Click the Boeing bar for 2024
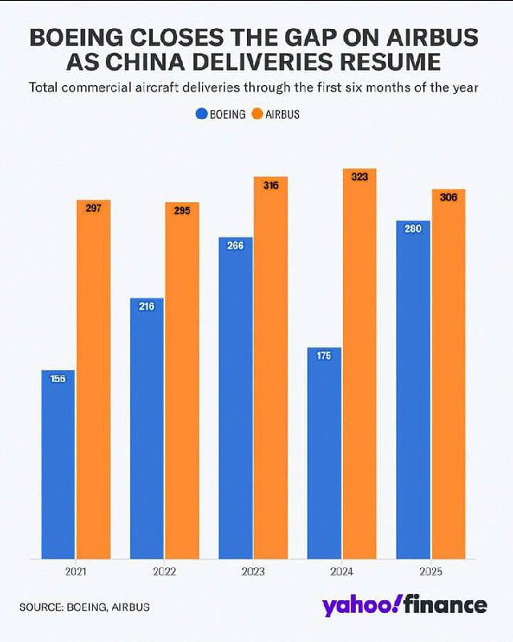(x=324, y=453)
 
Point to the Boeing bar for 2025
(x=413, y=389)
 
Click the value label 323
(x=359, y=177)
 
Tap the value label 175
(x=324, y=356)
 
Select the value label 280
(x=413, y=229)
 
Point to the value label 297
(x=93, y=208)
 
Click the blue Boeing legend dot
(x=201, y=114)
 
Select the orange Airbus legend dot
(x=256, y=114)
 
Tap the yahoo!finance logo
(x=404, y=605)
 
